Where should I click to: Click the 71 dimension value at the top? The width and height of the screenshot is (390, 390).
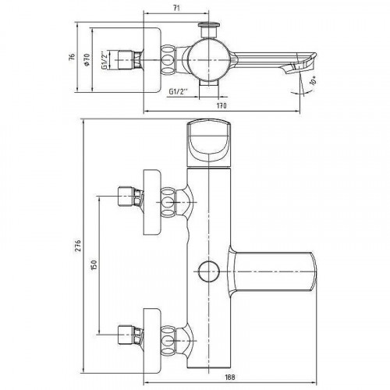[176, 8]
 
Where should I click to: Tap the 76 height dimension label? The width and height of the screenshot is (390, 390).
[72, 57]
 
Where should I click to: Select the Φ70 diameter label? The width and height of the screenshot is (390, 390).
[87, 59]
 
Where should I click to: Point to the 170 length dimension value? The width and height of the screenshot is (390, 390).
[222, 105]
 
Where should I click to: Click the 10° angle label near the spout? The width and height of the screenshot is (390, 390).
[313, 80]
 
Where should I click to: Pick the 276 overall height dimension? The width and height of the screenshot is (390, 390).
[78, 246]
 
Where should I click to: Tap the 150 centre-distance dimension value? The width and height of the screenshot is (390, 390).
[94, 264]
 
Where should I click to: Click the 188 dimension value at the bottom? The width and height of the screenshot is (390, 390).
[229, 377]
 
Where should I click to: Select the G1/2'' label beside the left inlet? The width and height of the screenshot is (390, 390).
[105, 60]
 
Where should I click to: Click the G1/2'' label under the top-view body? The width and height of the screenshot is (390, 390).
[179, 91]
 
